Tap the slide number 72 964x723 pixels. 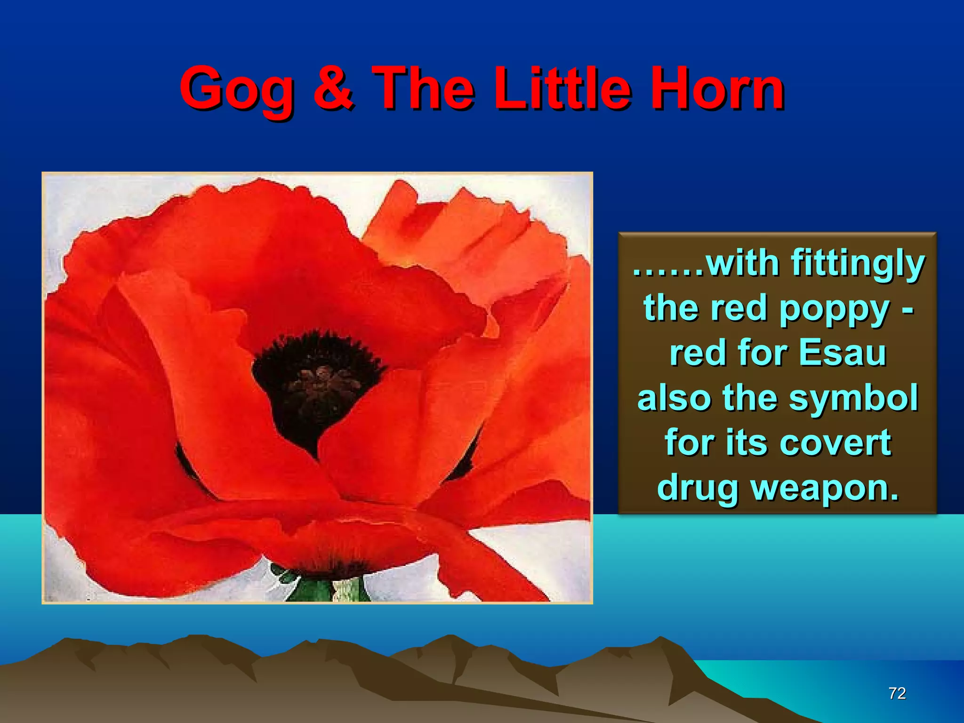897,693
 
